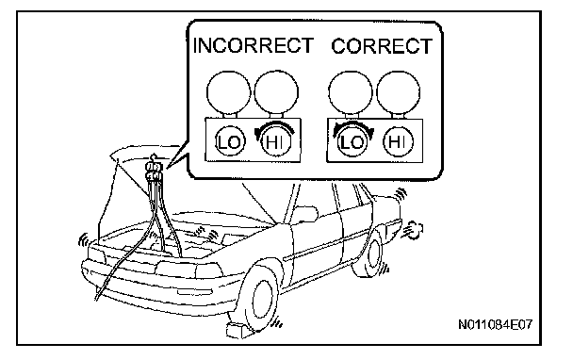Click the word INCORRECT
[x=253, y=45]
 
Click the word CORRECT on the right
[x=382, y=46]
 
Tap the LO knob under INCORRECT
[x=229, y=141]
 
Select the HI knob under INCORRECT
[x=276, y=141]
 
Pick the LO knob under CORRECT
[x=352, y=141]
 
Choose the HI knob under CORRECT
[x=398, y=141]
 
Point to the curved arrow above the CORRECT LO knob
[x=353, y=124]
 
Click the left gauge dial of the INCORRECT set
[x=229, y=93]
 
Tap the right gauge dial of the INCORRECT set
[x=276, y=93]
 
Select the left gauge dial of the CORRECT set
[x=351, y=93]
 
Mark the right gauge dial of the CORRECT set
[x=398, y=93]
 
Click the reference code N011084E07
[x=495, y=324]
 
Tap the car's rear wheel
[x=368, y=254]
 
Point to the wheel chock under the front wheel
[x=238, y=331]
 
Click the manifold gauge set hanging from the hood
[x=155, y=171]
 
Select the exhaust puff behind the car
[x=414, y=230]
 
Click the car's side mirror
[x=306, y=214]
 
